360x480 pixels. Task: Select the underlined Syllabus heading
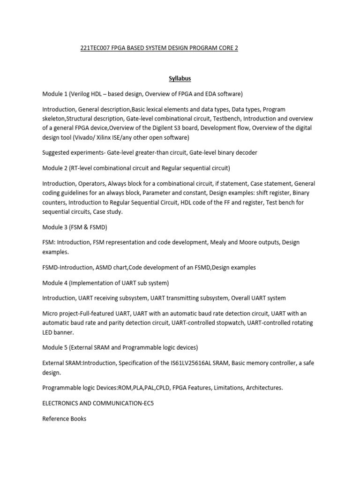180,79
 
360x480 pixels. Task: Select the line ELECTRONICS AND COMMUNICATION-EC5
98,403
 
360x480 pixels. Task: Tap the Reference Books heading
64,418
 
